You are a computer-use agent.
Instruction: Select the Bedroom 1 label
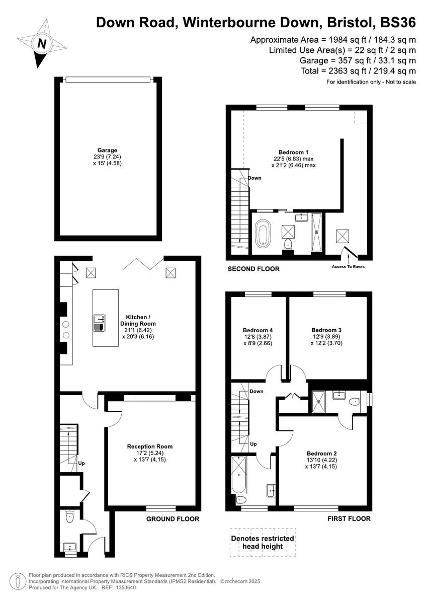click(x=293, y=152)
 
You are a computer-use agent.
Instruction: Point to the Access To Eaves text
click(x=348, y=267)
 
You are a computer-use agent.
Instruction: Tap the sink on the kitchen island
click(x=99, y=319)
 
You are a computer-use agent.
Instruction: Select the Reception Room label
click(x=150, y=446)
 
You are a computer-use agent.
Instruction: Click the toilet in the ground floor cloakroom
click(x=69, y=516)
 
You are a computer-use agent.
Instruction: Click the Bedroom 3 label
click(x=327, y=330)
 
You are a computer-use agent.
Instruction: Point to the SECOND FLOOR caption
click(x=253, y=269)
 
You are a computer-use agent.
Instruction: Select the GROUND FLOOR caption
click(x=173, y=519)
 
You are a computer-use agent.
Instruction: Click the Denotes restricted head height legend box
click(x=263, y=542)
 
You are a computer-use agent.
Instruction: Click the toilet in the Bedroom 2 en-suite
click(x=355, y=402)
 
